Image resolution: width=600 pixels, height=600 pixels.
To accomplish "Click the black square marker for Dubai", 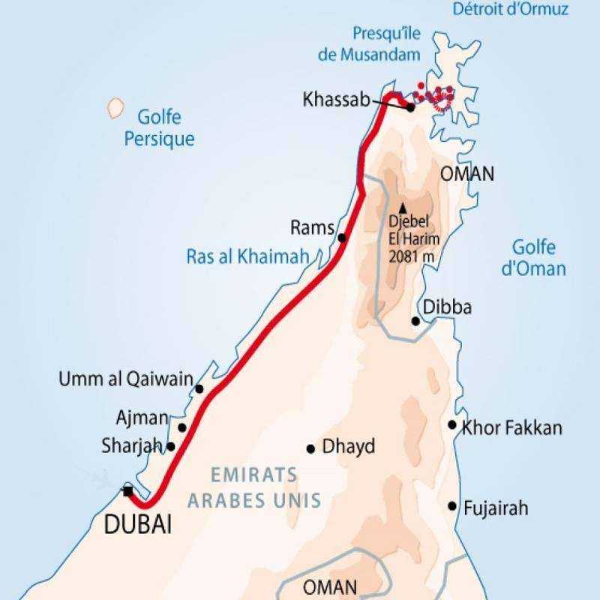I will tap(128, 491).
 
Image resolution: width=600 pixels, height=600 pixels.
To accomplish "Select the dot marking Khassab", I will tap(411, 108).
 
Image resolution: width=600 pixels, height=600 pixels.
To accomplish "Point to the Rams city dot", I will tap(342, 238).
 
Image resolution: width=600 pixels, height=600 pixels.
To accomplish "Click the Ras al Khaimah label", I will tap(247, 258).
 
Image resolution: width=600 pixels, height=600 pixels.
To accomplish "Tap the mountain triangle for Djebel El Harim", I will tap(402, 208).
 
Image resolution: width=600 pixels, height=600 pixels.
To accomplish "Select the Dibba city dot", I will tap(415, 321).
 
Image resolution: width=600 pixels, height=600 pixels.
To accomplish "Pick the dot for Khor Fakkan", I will tap(452, 424).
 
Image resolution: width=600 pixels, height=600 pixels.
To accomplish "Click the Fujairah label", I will tap(496, 508).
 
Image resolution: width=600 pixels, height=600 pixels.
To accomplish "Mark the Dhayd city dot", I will tap(310, 448).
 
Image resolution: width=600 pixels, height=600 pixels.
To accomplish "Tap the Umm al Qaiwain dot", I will tap(199, 388).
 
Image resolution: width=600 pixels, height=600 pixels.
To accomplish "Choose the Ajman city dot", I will tap(181, 427).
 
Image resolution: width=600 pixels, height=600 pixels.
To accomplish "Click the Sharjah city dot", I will tap(171, 446).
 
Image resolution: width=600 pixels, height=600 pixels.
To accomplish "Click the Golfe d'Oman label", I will tap(534, 257).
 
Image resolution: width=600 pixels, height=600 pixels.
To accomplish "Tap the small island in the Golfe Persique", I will tap(115, 107).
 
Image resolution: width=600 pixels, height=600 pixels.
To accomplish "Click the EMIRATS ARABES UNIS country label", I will tap(255, 487).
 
